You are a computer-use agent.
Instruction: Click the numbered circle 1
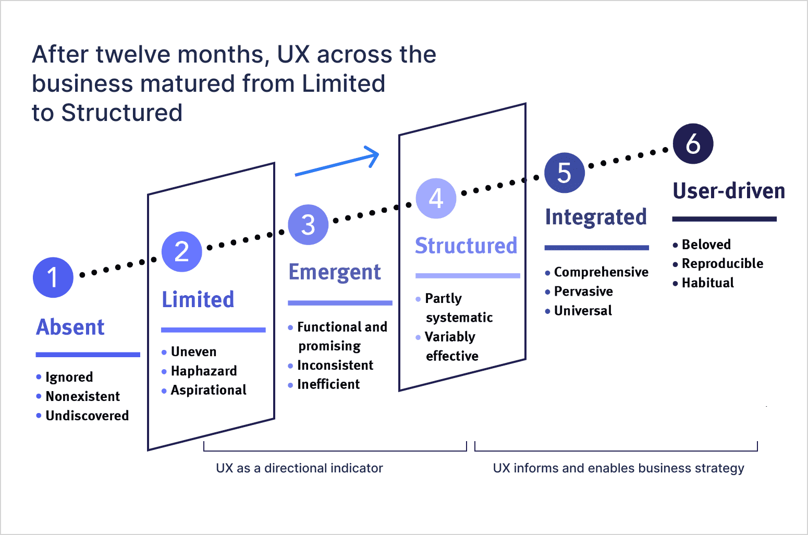(53, 277)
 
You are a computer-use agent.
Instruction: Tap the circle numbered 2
(181, 251)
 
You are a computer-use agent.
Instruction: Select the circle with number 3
(308, 225)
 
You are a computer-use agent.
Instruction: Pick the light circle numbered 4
(436, 198)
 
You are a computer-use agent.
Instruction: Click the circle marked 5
(564, 173)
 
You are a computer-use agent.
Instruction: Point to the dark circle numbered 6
(693, 144)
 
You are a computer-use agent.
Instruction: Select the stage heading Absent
(70, 327)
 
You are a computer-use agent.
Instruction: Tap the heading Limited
(198, 300)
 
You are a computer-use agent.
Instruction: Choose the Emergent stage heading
(335, 272)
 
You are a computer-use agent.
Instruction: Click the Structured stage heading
(466, 246)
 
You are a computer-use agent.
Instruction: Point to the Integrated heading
(596, 217)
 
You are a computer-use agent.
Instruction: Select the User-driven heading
(729, 191)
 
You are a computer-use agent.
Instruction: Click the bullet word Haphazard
(204, 371)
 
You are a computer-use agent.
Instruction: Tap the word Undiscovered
(87, 416)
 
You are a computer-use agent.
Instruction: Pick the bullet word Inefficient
(328, 384)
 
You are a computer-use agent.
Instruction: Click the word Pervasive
(583, 291)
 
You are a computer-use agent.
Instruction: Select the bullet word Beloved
(706, 245)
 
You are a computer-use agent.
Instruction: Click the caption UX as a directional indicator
(299, 468)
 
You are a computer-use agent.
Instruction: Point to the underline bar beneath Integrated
(596, 248)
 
